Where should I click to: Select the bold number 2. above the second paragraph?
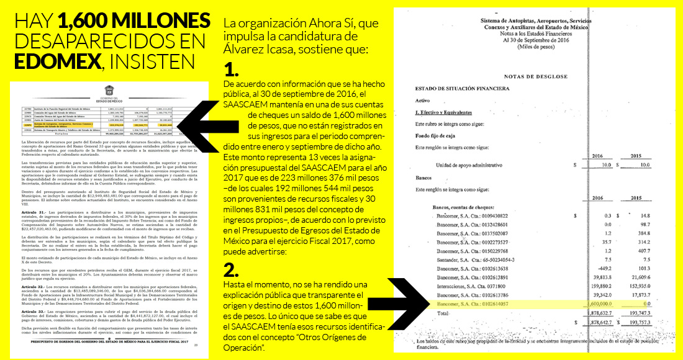coord(232,269)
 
